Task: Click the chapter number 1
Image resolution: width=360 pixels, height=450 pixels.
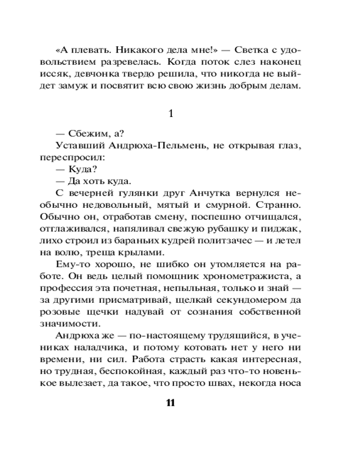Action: (170, 114)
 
